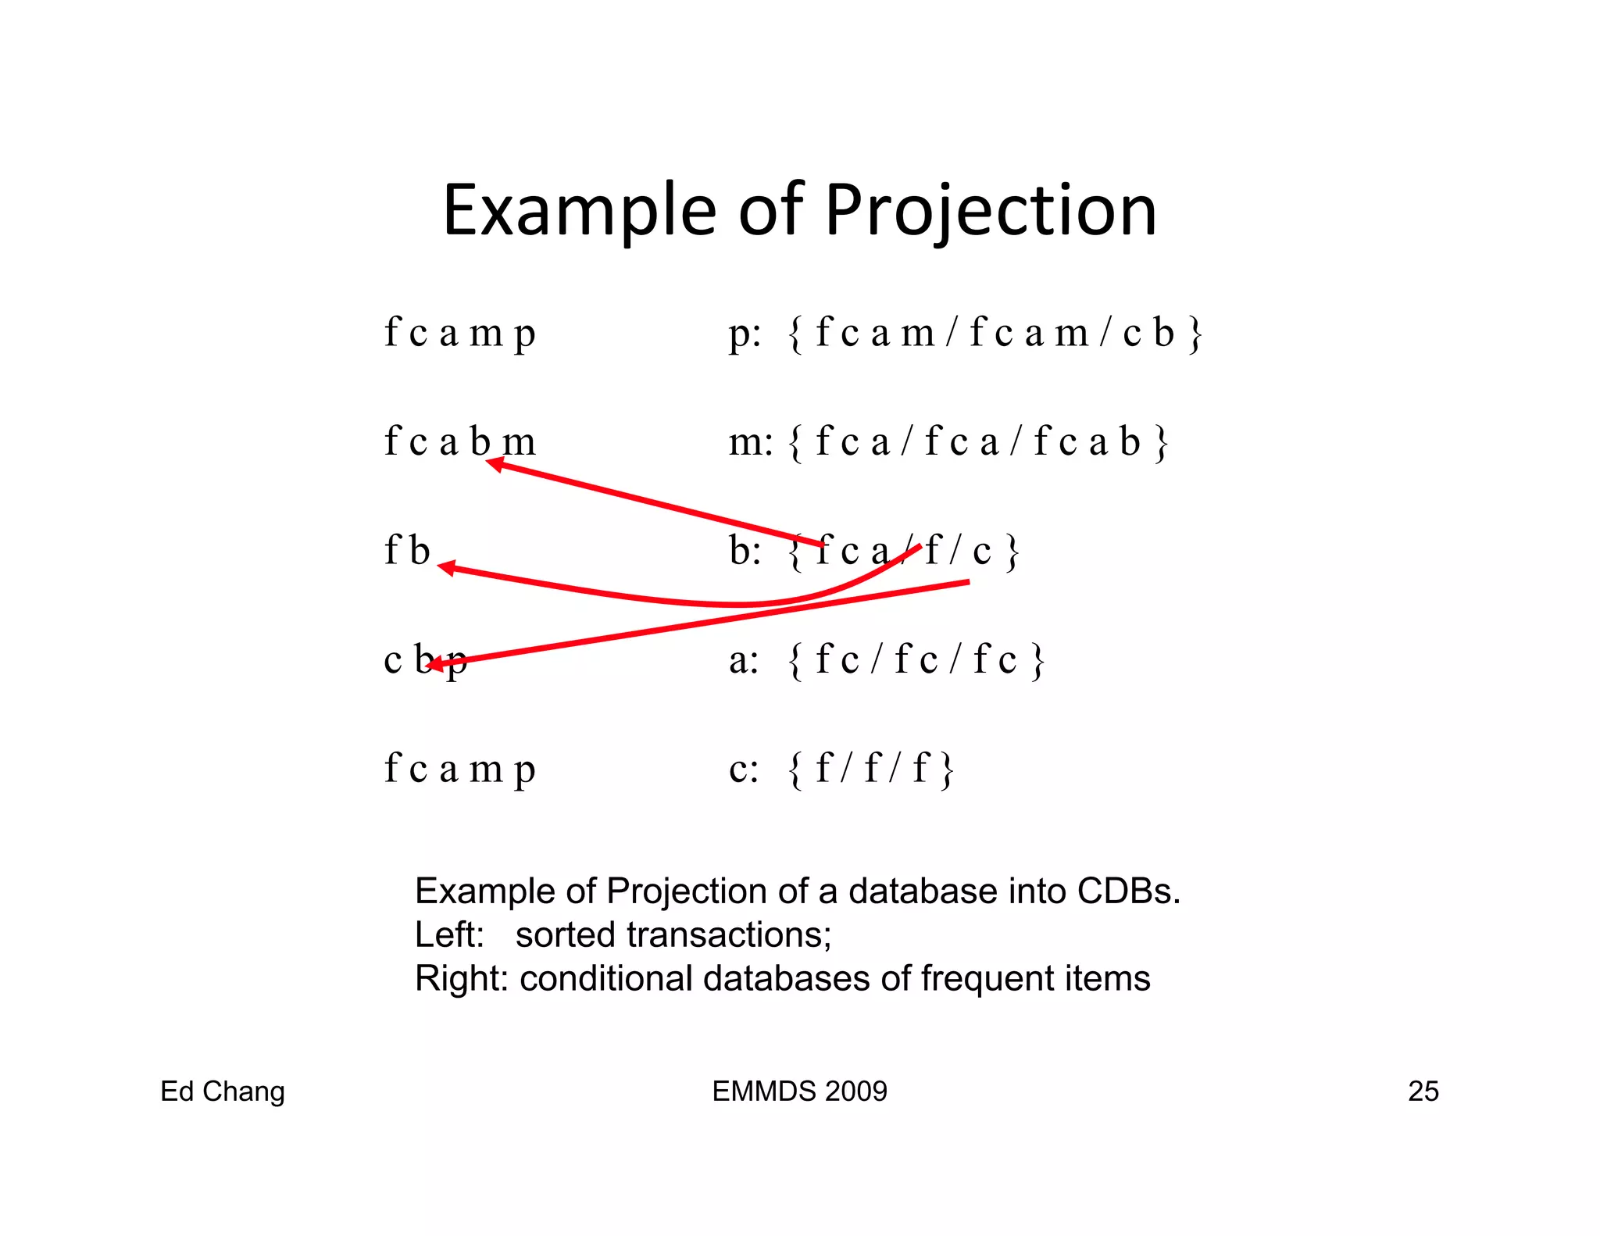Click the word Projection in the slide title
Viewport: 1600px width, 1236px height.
(x=990, y=211)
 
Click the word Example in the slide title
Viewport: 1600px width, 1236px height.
(x=579, y=211)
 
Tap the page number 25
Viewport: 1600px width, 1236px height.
(x=1423, y=1091)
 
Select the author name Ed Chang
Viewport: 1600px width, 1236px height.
(x=223, y=1091)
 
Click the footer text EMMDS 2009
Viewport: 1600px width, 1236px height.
(x=799, y=1091)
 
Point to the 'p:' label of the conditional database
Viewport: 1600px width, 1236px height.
(x=744, y=334)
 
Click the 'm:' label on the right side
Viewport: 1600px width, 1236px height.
(x=750, y=442)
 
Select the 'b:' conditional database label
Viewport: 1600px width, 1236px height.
(x=745, y=550)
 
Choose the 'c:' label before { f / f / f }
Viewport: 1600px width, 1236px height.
(x=743, y=769)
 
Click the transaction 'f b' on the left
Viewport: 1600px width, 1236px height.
(x=407, y=550)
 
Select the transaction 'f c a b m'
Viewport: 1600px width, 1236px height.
(x=459, y=442)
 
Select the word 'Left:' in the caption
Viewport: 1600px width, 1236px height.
(x=449, y=934)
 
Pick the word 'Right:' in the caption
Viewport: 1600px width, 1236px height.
(x=461, y=978)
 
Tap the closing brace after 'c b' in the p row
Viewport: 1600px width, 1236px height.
(x=1195, y=334)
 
